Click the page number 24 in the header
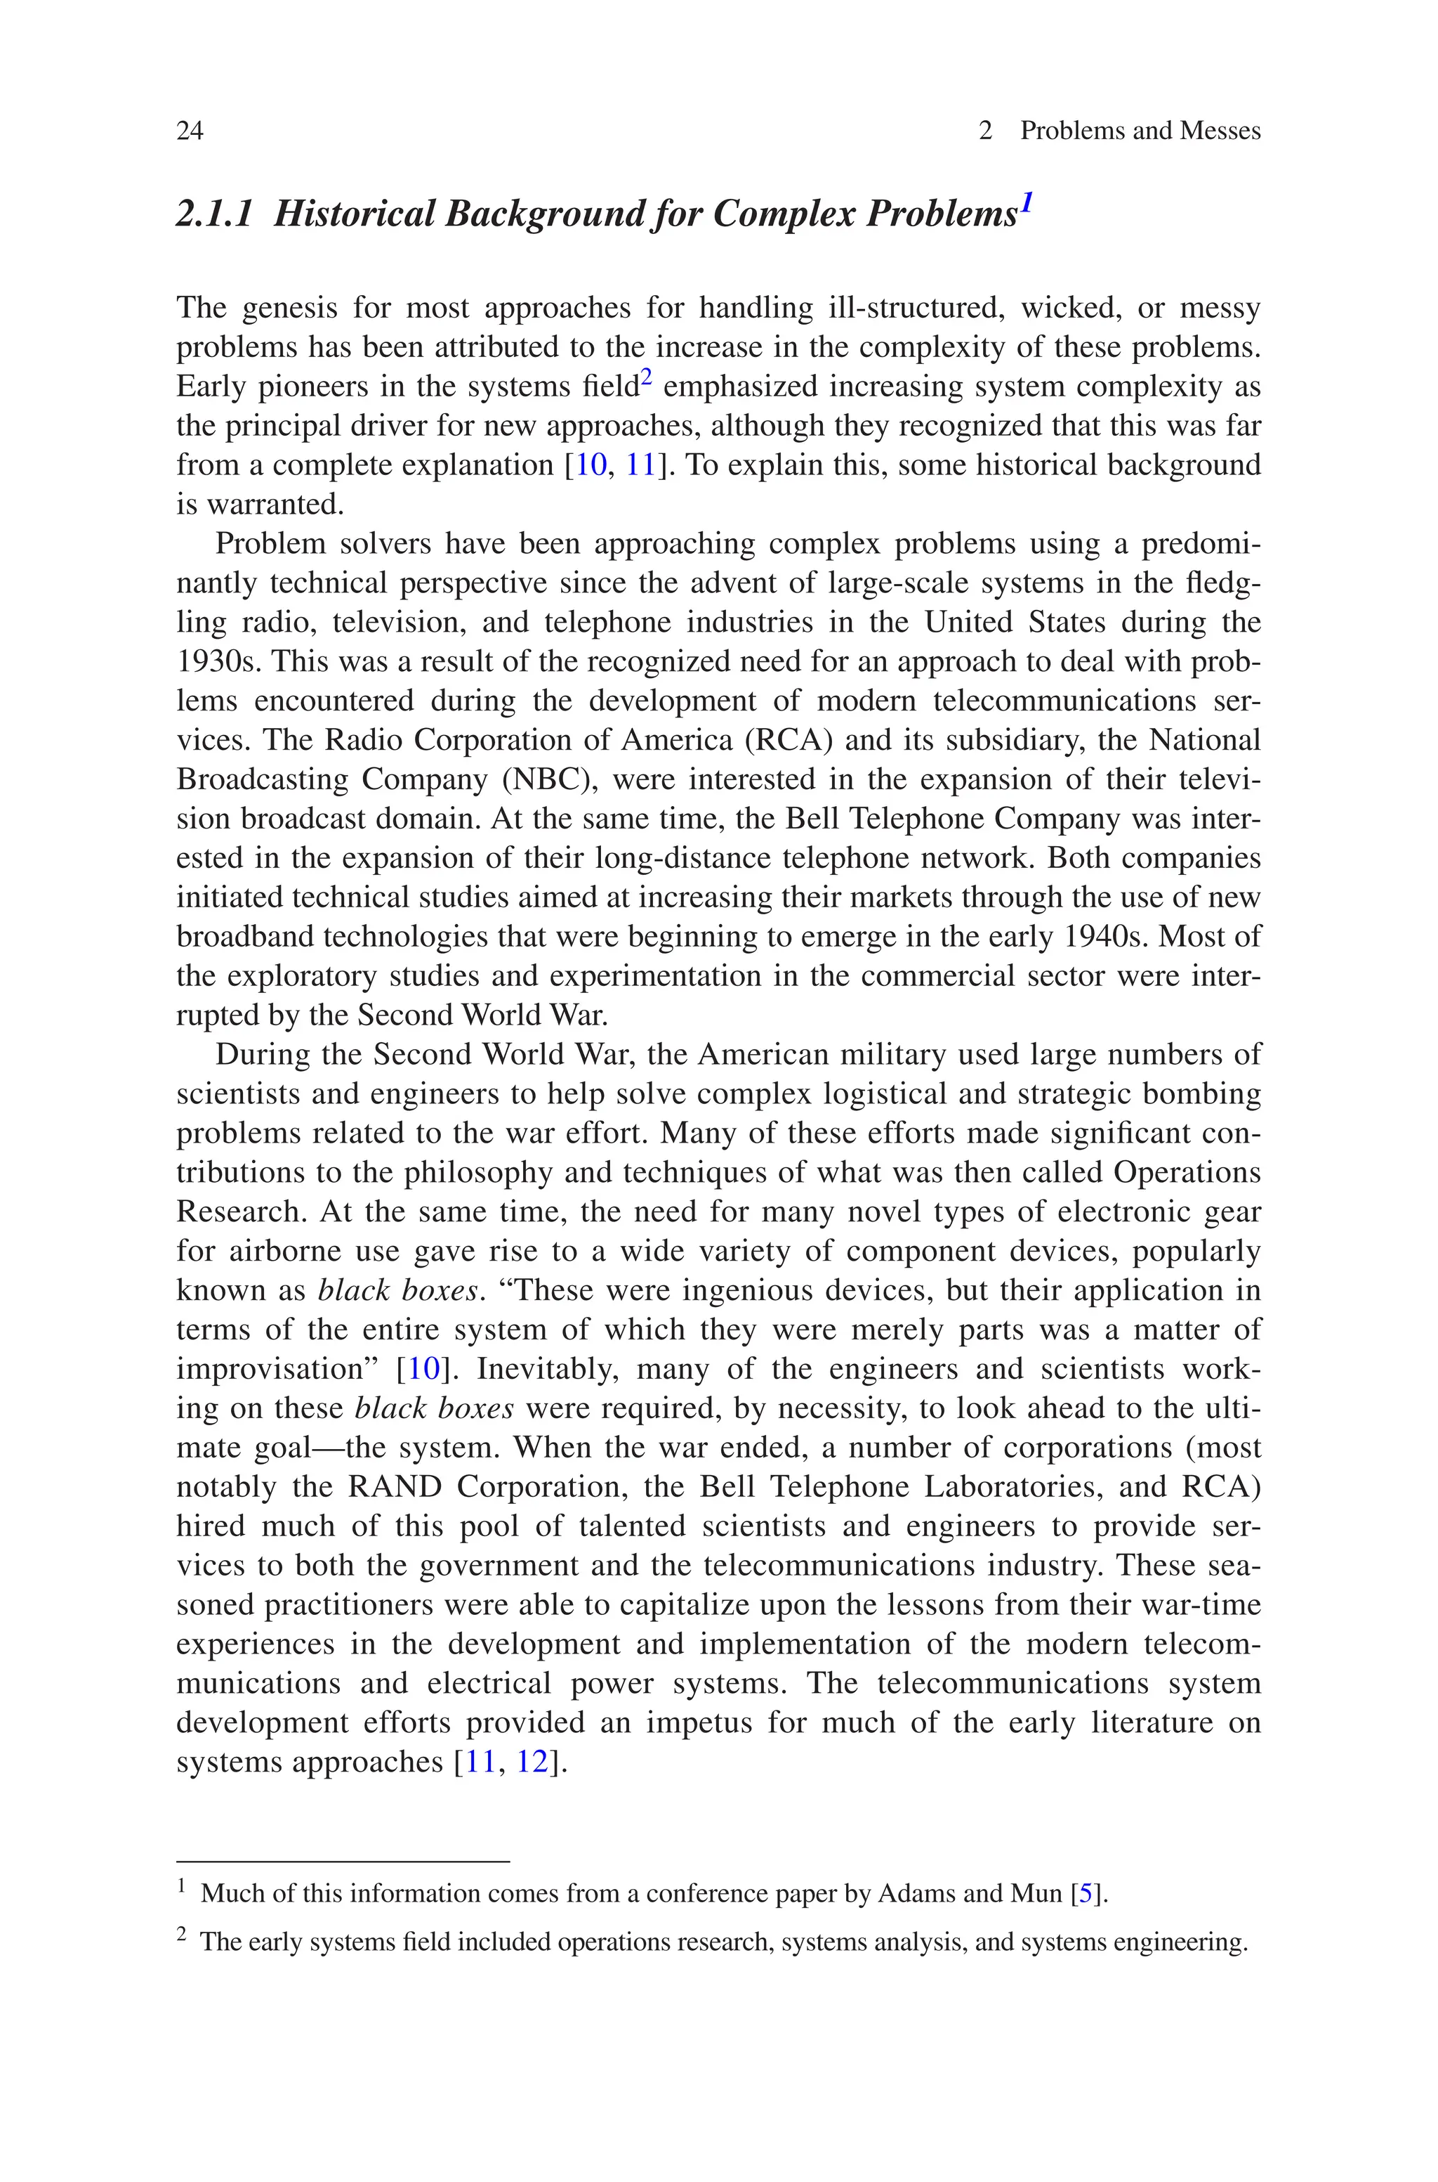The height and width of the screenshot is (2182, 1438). coord(190,131)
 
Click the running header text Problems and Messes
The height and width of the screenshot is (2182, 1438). coord(1140,131)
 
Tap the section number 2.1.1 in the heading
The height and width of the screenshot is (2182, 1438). coord(213,214)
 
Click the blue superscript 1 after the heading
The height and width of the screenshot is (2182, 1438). coord(1027,202)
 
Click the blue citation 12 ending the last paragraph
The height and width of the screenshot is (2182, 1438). coord(532,1762)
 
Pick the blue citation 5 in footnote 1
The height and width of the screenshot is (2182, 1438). coord(1086,1893)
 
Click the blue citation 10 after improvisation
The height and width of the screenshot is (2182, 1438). coord(423,1369)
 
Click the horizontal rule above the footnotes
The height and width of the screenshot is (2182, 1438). coord(342,1862)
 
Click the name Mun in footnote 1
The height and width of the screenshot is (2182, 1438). coord(1036,1893)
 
